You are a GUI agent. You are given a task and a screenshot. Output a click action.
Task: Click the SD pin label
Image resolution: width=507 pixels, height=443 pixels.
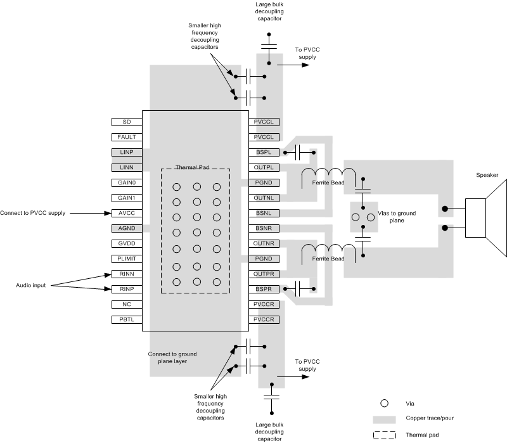125,121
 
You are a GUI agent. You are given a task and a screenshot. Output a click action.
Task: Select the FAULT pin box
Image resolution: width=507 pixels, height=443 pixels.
125,137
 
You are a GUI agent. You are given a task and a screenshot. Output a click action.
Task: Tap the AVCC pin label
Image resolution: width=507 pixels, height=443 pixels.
125,214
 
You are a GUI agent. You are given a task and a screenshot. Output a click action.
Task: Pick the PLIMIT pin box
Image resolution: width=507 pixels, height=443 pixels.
125,259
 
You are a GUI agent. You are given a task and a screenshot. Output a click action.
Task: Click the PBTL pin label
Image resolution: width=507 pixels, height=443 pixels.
125,319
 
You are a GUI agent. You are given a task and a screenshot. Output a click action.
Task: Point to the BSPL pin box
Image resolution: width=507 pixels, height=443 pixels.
264,152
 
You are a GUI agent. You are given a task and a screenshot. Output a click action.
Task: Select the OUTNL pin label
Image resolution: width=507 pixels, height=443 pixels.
264,198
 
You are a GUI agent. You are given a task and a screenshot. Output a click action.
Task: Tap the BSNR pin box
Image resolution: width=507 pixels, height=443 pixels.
264,228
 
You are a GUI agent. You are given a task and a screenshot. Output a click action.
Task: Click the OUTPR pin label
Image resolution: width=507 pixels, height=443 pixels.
264,274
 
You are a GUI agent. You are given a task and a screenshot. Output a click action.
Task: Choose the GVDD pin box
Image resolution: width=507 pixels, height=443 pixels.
125,244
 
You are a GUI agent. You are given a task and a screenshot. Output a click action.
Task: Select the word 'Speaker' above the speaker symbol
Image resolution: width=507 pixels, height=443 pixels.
487,176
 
